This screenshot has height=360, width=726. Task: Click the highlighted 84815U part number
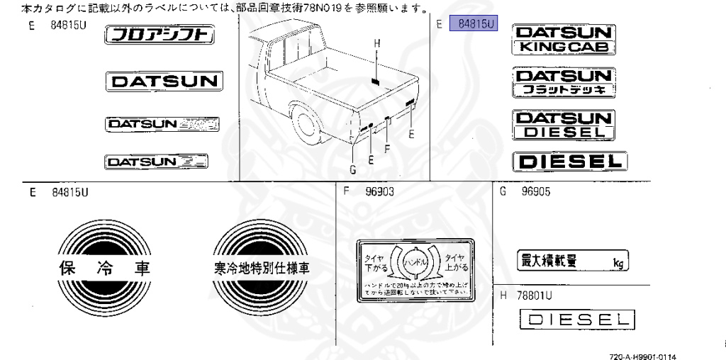(475, 24)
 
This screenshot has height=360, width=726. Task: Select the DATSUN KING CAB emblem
(564, 40)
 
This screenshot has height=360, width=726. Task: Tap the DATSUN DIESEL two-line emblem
(564, 125)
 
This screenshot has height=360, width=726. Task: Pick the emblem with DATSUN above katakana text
(564, 83)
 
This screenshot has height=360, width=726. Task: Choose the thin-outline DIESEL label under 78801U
(576, 320)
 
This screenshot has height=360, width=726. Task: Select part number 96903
(379, 191)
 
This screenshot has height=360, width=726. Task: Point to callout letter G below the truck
(353, 169)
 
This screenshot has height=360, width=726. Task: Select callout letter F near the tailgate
(387, 149)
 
